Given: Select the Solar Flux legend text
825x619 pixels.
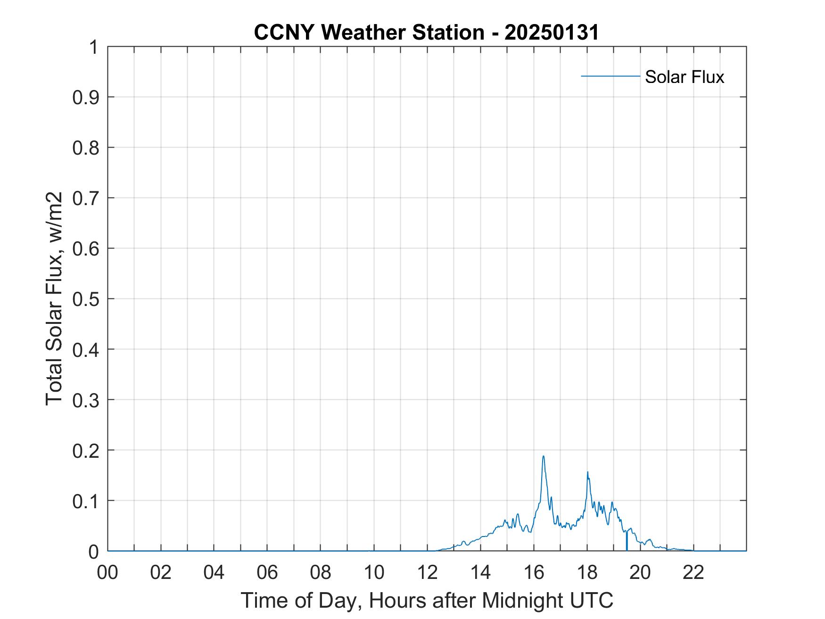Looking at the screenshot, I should (684, 77).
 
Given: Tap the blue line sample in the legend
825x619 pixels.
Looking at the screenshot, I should (610, 76).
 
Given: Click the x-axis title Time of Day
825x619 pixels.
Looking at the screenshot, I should (427, 600).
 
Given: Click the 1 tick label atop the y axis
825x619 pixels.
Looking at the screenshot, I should (93, 47).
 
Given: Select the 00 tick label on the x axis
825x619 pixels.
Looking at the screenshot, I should (107, 572).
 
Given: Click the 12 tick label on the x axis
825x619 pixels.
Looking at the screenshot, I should (428, 572).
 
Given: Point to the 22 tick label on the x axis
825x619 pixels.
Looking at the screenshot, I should (693, 572).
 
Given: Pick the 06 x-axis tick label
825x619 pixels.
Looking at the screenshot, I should (267, 572).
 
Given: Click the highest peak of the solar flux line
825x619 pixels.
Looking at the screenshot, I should (544, 456).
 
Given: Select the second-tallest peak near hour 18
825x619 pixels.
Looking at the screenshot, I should (587, 472).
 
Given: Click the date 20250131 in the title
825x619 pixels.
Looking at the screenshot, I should (552, 32).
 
